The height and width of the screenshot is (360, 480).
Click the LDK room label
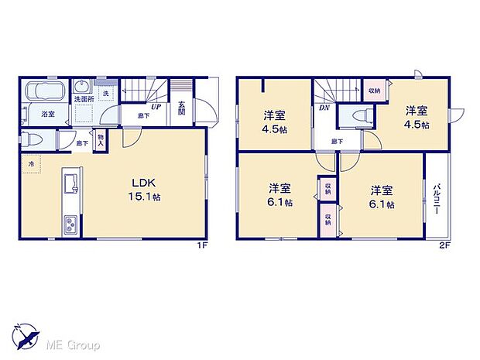point(144,183)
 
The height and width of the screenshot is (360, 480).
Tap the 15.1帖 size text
point(144,197)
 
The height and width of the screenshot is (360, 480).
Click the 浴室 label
point(48,114)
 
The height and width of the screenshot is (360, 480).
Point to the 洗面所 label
point(84,100)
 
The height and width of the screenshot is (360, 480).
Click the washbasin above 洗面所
point(83,86)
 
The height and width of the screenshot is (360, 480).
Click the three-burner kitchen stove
point(70,225)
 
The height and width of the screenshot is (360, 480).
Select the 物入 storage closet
point(101,140)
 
